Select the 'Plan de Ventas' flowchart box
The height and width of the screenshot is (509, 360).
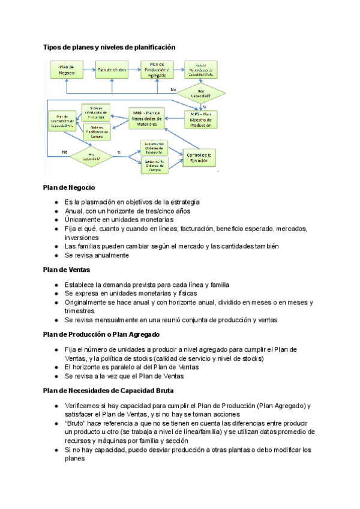112,70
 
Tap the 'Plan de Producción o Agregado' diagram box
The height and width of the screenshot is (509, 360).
157,70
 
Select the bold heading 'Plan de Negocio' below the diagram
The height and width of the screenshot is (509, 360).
69,188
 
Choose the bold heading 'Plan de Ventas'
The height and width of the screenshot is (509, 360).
67,270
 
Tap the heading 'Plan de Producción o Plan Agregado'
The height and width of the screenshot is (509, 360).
101,334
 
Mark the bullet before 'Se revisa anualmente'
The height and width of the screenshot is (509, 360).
56,255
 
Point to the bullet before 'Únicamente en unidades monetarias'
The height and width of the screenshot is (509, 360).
56,220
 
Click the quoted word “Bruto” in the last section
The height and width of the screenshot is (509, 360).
75,423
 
